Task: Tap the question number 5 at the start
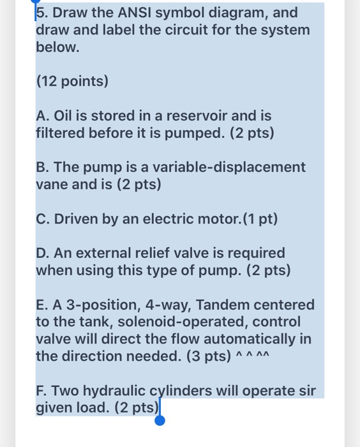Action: [x=40, y=13]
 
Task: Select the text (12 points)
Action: [x=72, y=82]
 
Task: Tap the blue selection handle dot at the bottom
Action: [x=160, y=420]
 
